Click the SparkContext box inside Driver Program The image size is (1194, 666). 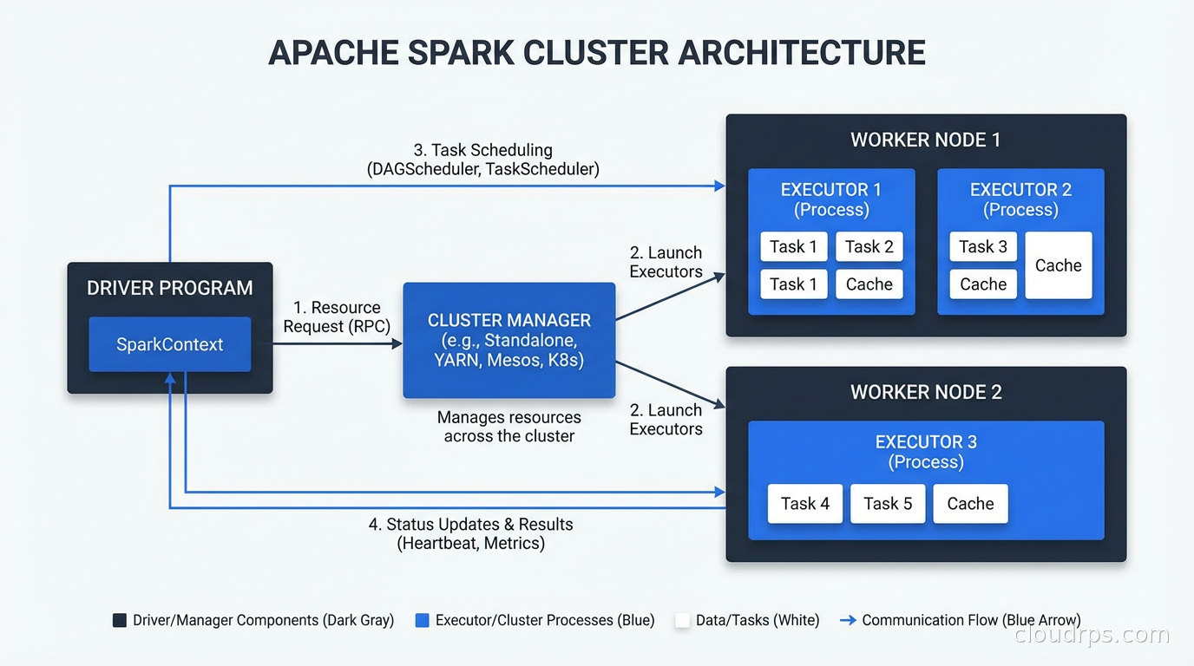tap(170, 344)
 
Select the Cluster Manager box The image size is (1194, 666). tap(508, 340)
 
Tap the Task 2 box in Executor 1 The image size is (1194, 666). tap(869, 247)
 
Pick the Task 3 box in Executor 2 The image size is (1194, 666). tap(982, 247)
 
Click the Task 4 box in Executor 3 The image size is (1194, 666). tap(804, 504)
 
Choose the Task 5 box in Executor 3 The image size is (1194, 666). tap(888, 504)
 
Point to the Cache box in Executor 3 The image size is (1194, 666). tap(970, 504)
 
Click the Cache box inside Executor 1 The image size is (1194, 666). tap(869, 284)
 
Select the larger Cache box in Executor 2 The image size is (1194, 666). tap(1058, 265)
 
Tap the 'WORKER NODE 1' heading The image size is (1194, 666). tap(925, 140)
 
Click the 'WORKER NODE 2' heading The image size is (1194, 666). tap(925, 392)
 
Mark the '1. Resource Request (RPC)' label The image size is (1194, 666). tap(337, 317)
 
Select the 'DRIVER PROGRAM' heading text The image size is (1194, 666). tap(170, 289)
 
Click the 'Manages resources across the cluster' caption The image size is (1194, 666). tap(508, 427)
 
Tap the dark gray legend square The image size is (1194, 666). tap(120, 621)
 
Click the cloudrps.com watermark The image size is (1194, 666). tap(1092, 636)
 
